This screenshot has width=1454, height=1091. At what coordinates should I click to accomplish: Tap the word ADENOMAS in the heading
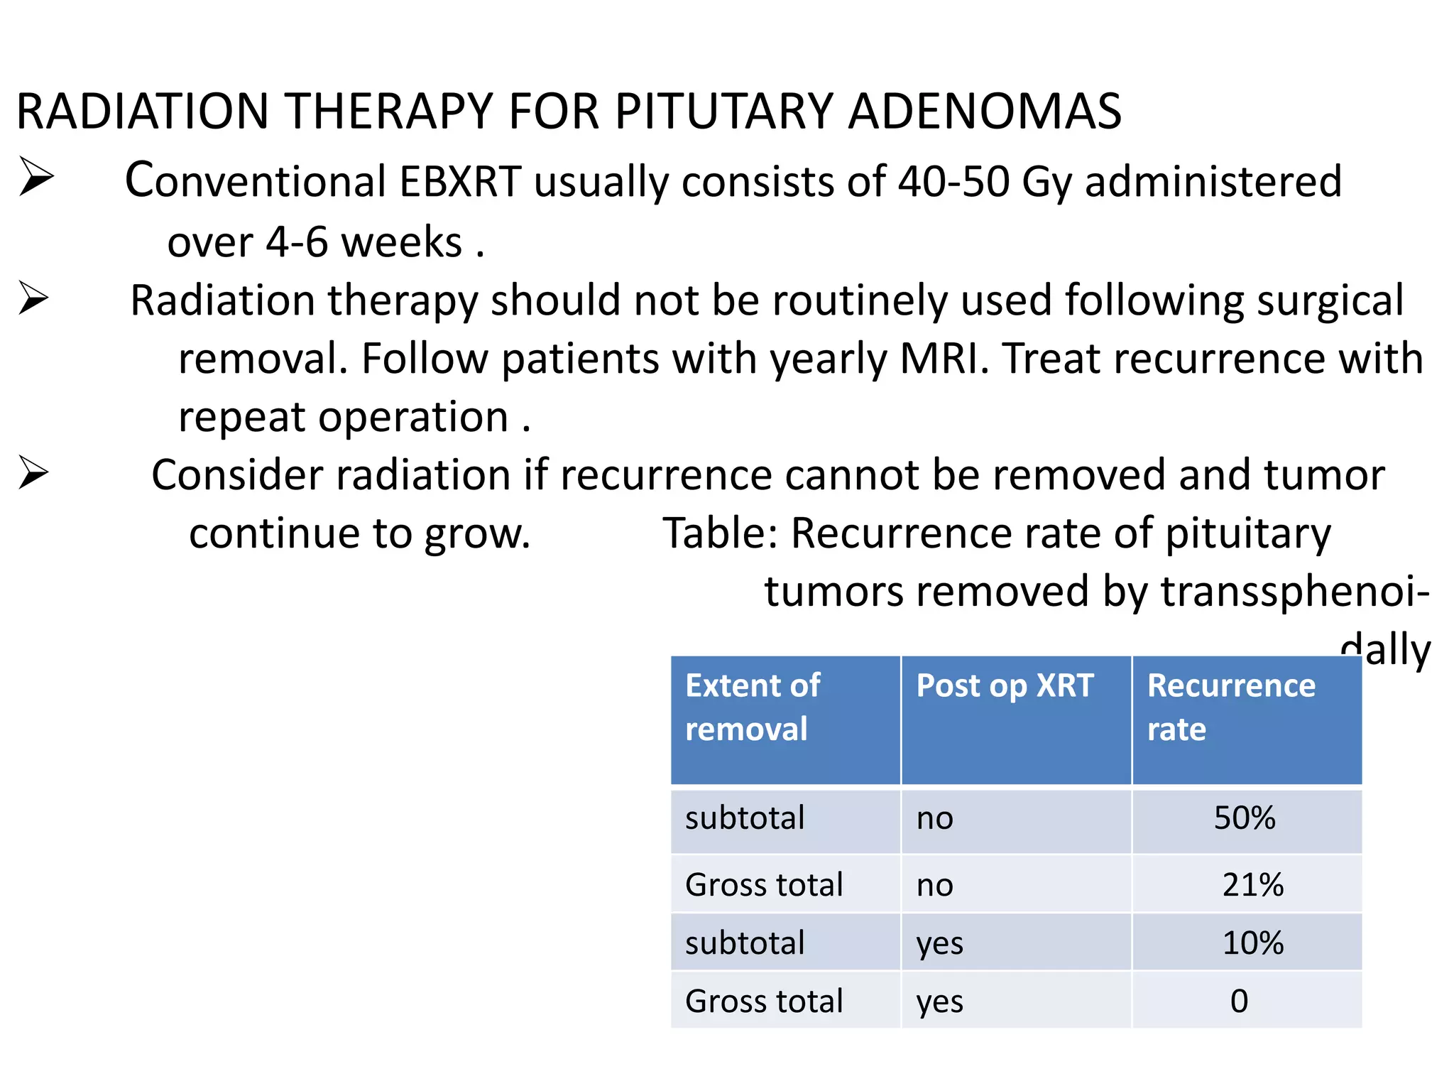pyautogui.click(x=985, y=112)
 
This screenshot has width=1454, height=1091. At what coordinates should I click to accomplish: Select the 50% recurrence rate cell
pyautogui.click(x=1245, y=818)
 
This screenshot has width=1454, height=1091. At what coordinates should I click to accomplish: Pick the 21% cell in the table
pyautogui.click(x=1252, y=885)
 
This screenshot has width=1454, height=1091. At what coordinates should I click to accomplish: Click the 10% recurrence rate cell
pyautogui.click(x=1252, y=943)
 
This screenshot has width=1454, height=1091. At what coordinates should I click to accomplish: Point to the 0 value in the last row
pyautogui.click(x=1239, y=1002)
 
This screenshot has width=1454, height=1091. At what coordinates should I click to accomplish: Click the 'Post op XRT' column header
pyautogui.click(x=1005, y=686)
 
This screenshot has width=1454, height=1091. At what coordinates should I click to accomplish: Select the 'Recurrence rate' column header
pyautogui.click(x=1231, y=707)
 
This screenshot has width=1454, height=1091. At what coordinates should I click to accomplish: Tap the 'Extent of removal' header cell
pyautogui.click(x=753, y=707)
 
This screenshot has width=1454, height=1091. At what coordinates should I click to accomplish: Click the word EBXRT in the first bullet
pyautogui.click(x=460, y=181)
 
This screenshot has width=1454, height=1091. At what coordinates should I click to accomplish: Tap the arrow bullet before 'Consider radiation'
pyautogui.click(x=33, y=472)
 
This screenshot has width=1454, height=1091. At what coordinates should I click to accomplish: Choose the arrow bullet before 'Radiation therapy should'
pyautogui.click(x=33, y=298)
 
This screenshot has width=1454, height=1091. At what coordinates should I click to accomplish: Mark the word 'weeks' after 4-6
pyautogui.click(x=401, y=242)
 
